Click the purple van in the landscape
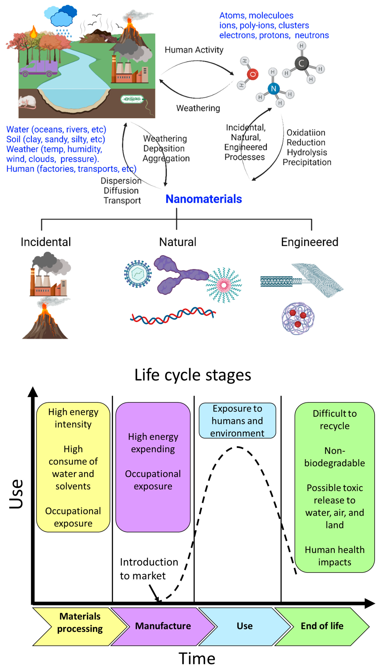39,68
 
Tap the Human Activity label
194,50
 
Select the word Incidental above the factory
46,242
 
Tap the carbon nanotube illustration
279,281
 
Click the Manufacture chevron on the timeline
163,626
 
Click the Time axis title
197,658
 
